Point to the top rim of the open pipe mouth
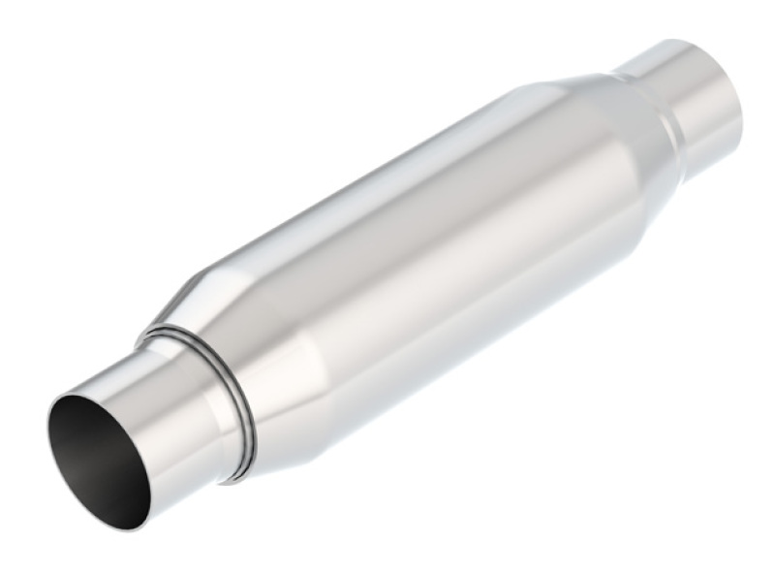coord(77,392)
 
